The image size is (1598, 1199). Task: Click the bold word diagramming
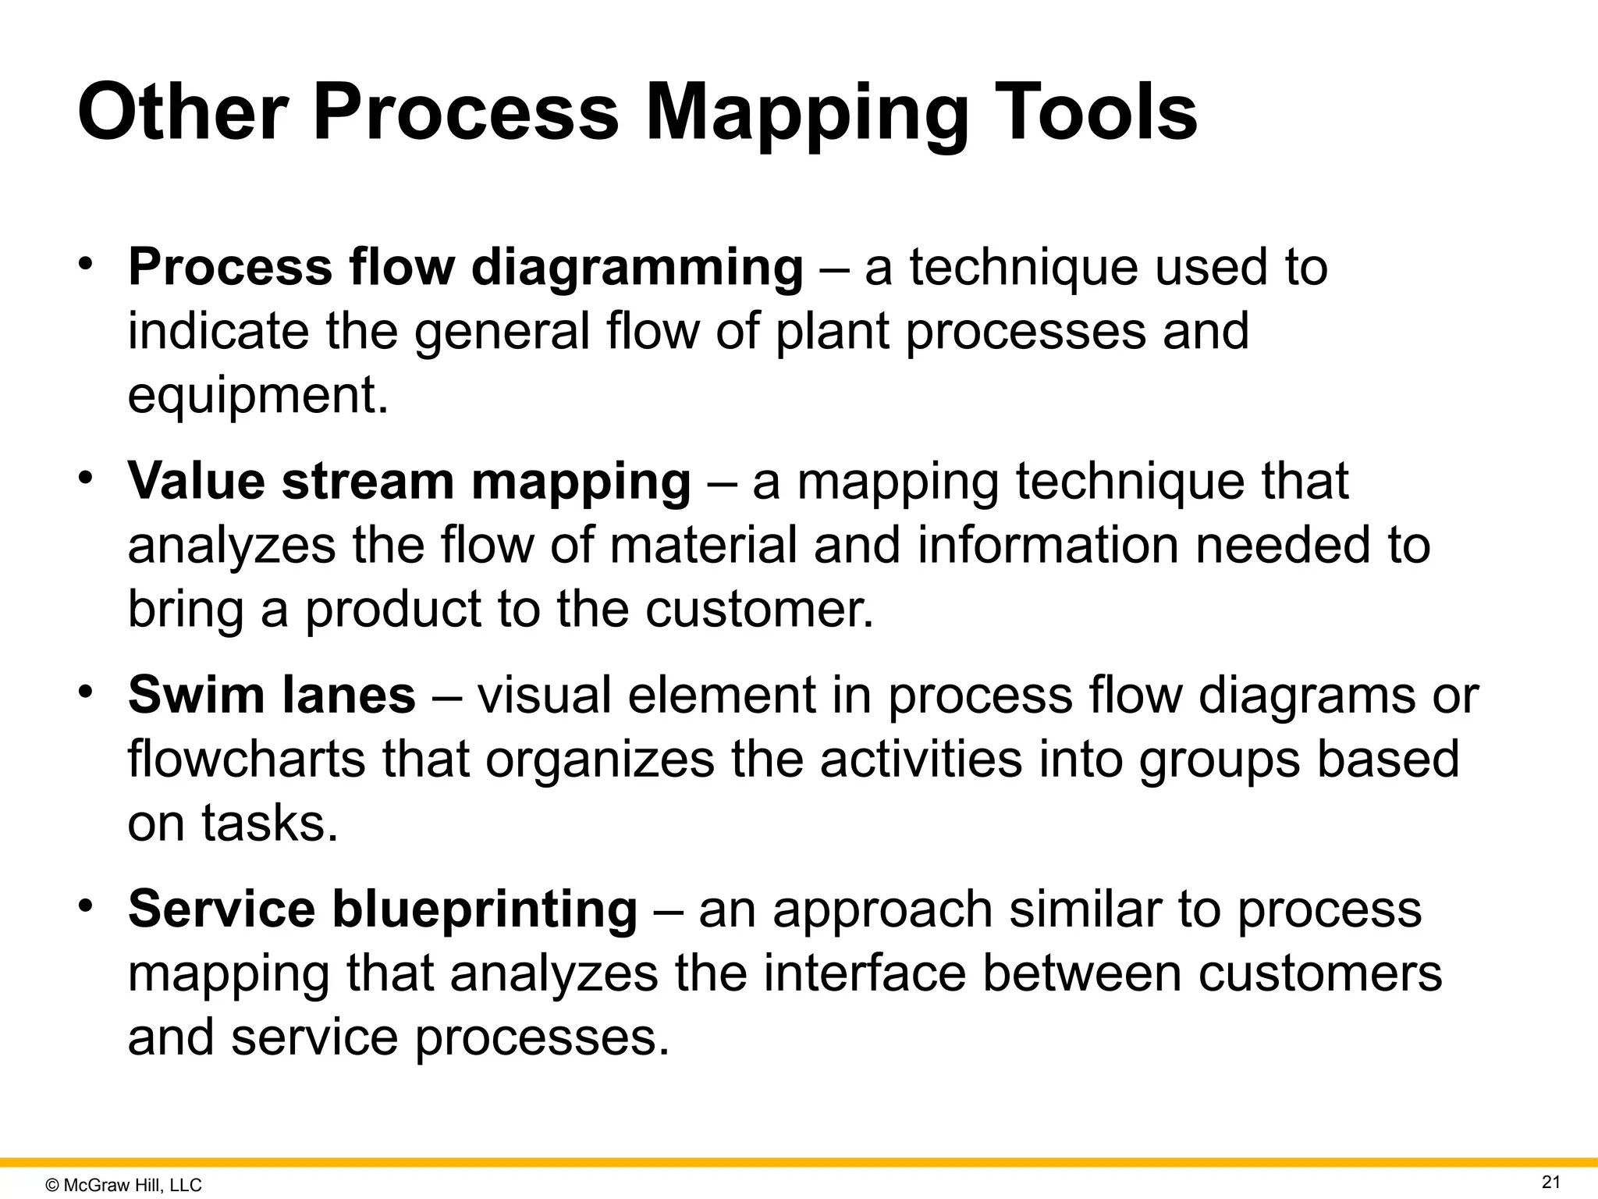click(x=637, y=268)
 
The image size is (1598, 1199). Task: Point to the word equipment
click(x=257, y=397)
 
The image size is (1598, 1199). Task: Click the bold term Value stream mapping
click(x=409, y=482)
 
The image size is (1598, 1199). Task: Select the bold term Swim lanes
click(x=272, y=696)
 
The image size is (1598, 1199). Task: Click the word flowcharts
click(x=246, y=760)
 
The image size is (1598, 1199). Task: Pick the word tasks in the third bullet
click(x=269, y=824)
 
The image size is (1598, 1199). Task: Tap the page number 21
click(x=1551, y=1182)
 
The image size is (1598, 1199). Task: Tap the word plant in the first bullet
click(x=832, y=332)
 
